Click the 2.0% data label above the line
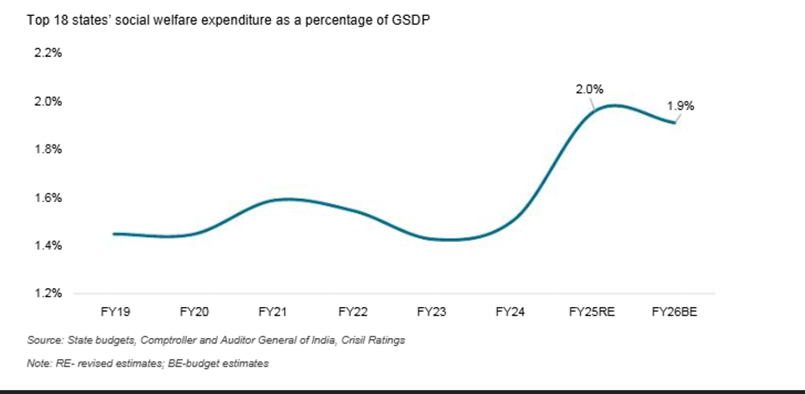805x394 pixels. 589,89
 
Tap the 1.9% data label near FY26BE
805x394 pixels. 681,107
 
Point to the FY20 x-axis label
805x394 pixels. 194,311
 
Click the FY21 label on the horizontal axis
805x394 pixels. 273,311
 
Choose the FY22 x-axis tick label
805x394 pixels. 353,311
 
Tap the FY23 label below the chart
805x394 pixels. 431,311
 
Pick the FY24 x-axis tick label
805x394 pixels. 510,311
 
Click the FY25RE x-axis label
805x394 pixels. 592,311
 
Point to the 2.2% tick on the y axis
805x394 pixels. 48,54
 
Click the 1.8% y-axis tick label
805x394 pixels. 48,150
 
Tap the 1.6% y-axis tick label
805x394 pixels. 48,198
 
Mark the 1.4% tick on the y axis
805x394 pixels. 48,246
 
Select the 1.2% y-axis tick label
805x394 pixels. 48,293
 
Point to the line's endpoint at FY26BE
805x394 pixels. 674,123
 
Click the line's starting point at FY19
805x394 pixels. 113,234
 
